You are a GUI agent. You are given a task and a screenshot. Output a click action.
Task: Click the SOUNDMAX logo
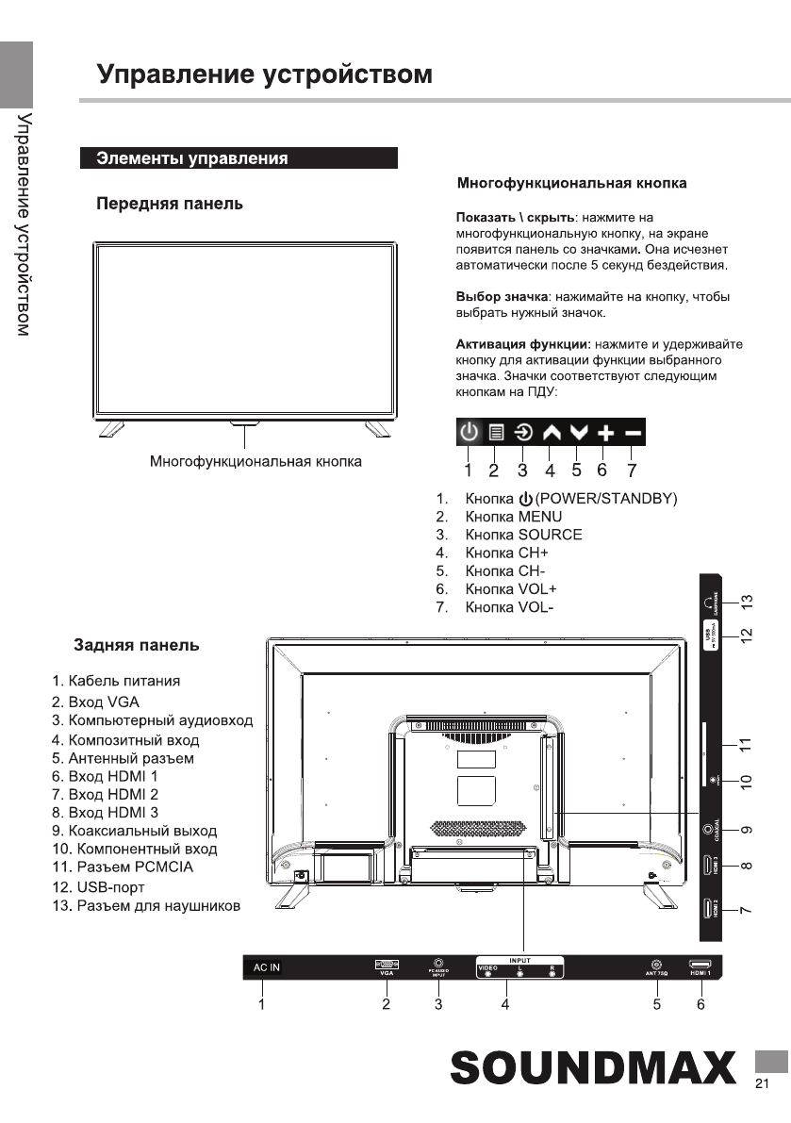coord(593,1069)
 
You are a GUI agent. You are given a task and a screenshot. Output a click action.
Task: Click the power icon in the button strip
coord(470,433)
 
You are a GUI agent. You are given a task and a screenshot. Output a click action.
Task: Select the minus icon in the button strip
coord(633,433)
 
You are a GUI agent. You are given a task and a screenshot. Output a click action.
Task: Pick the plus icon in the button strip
coord(605,433)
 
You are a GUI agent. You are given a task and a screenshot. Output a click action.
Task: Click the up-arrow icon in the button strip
coord(552,433)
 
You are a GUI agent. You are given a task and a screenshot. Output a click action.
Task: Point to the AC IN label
coord(266,967)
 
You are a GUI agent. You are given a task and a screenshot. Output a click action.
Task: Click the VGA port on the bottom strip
coord(387,965)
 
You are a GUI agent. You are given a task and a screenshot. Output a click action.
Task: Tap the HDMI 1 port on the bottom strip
coord(700,965)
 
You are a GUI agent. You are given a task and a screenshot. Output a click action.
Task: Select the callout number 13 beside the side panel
coord(746,601)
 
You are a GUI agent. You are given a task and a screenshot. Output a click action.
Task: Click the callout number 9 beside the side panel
coord(746,830)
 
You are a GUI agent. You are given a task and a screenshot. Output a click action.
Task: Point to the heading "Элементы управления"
coord(192,158)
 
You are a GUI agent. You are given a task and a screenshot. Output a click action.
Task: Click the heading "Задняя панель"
coord(137,646)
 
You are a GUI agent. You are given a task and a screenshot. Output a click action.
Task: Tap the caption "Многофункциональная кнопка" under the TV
coord(255,462)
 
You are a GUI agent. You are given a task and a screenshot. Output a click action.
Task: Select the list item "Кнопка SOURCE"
coord(523,535)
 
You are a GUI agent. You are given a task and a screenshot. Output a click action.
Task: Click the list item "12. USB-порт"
coord(98,887)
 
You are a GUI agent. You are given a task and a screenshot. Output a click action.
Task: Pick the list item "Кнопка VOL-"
coord(509,606)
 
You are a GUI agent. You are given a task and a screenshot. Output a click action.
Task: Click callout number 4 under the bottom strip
coord(505,1005)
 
